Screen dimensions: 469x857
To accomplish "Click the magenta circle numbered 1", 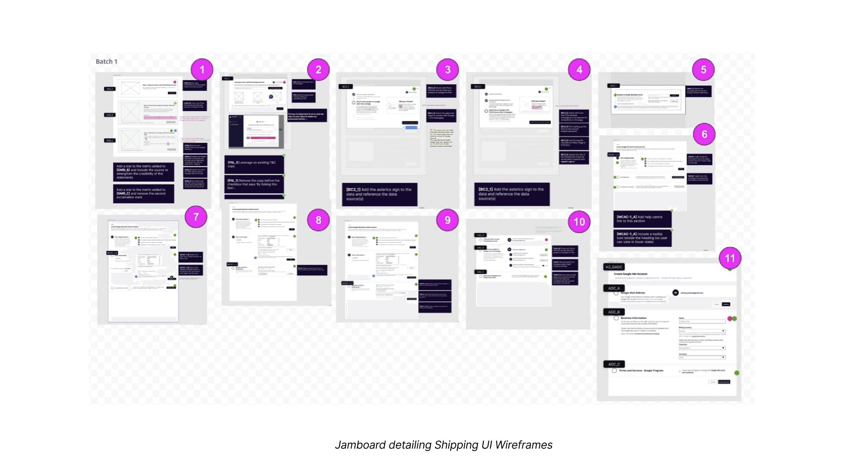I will point(202,70).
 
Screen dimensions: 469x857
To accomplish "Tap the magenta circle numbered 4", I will point(579,70).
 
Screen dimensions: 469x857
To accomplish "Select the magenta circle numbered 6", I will point(704,134).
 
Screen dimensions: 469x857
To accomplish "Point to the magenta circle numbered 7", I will point(196,217).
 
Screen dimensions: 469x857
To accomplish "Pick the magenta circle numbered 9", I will point(447,220).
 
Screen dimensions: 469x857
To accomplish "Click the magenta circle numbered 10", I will point(579,222).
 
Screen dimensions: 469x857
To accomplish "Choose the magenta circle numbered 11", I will point(730,258).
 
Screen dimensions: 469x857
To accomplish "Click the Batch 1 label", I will point(106,61).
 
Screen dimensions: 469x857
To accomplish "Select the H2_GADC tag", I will point(614,267).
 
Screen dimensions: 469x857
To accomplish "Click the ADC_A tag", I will point(614,288).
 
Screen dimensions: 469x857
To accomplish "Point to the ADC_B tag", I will point(614,312).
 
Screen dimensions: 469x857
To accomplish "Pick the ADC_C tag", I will point(614,364).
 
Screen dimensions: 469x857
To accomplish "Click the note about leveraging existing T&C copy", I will point(254,164).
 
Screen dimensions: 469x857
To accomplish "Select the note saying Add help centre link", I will point(642,219).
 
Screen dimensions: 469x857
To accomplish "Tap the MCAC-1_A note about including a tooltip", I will point(642,238).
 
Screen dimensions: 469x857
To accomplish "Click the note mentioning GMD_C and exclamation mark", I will point(143,193).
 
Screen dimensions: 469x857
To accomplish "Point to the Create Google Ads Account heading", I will point(630,274).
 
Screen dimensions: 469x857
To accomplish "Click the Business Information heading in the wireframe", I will point(633,318).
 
